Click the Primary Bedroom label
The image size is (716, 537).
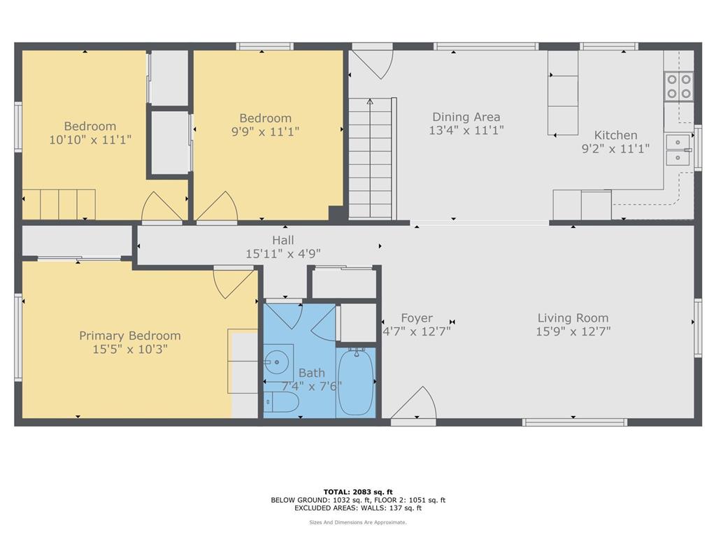click(x=129, y=336)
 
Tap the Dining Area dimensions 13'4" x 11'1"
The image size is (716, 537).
click(x=466, y=130)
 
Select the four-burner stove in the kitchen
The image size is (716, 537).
click(x=678, y=86)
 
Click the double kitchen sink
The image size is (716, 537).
click(x=676, y=150)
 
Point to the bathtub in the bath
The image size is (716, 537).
click(x=356, y=383)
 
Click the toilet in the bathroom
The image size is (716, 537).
click(x=281, y=402)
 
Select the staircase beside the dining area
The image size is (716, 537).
click(x=371, y=159)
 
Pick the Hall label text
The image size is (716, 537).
click(x=282, y=241)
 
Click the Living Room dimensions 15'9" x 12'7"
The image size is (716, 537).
click(x=573, y=332)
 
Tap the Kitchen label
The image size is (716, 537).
click(x=615, y=135)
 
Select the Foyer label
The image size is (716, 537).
click(x=416, y=318)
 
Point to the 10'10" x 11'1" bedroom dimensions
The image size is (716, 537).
click(x=90, y=140)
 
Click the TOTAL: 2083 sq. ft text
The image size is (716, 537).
click(x=357, y=492)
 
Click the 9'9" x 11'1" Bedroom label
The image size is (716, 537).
click(x=265, y=118)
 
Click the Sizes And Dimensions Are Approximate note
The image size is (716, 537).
click(x=357, y=522)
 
